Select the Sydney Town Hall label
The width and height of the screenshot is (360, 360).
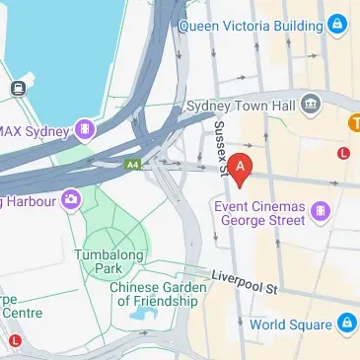coord(242,105)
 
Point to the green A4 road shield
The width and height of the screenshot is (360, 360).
coord(132,166)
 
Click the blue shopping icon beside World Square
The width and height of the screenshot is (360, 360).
coord(346,323)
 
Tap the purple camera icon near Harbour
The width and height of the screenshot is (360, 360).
coord(70,200)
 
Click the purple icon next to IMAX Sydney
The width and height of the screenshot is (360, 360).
coord(88,129)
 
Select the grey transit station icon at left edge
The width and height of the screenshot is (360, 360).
coord(17,89)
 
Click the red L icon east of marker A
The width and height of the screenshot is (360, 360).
coord(343,153)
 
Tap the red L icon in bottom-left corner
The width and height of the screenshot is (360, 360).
coord(14,341)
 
